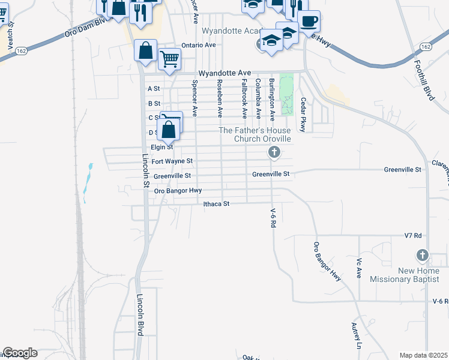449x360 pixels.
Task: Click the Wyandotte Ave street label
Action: [224, 72]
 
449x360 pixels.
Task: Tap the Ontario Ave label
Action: [198, 45]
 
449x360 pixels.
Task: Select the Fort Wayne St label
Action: [172, 161]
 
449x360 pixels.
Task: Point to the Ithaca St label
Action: [217, 204]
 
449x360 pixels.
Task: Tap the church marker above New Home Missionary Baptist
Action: [423, 256]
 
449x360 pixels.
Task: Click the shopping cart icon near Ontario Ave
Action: [170, 59]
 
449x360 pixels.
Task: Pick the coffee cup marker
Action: [309, 22]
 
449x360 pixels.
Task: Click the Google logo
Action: [20, 353]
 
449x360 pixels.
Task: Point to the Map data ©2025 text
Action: [423, 355]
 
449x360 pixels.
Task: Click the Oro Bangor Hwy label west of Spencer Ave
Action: [178, 191]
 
